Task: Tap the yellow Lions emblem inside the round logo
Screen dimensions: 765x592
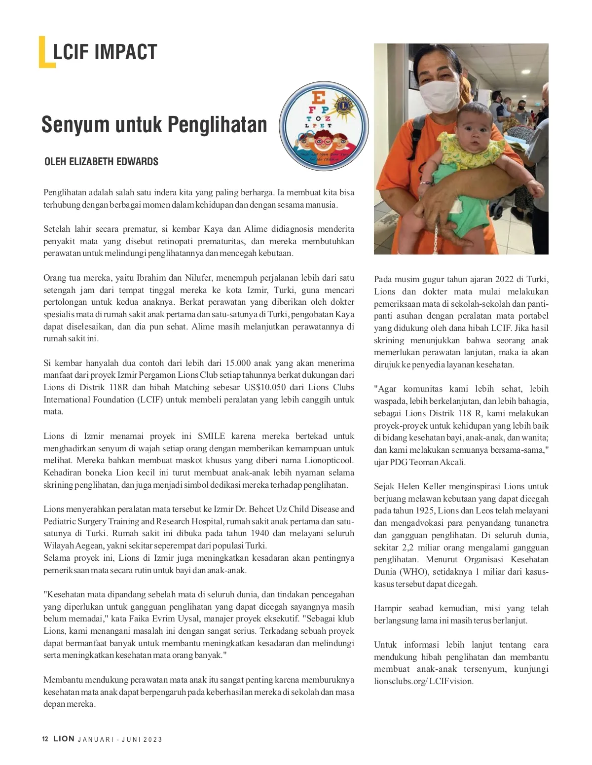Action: (343, 105)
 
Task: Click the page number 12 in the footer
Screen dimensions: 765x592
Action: (45, 739)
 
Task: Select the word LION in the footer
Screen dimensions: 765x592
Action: (64, 739)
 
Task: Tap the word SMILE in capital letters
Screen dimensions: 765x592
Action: (211, 436)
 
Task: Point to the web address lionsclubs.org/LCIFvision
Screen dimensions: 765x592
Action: (424, 681)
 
